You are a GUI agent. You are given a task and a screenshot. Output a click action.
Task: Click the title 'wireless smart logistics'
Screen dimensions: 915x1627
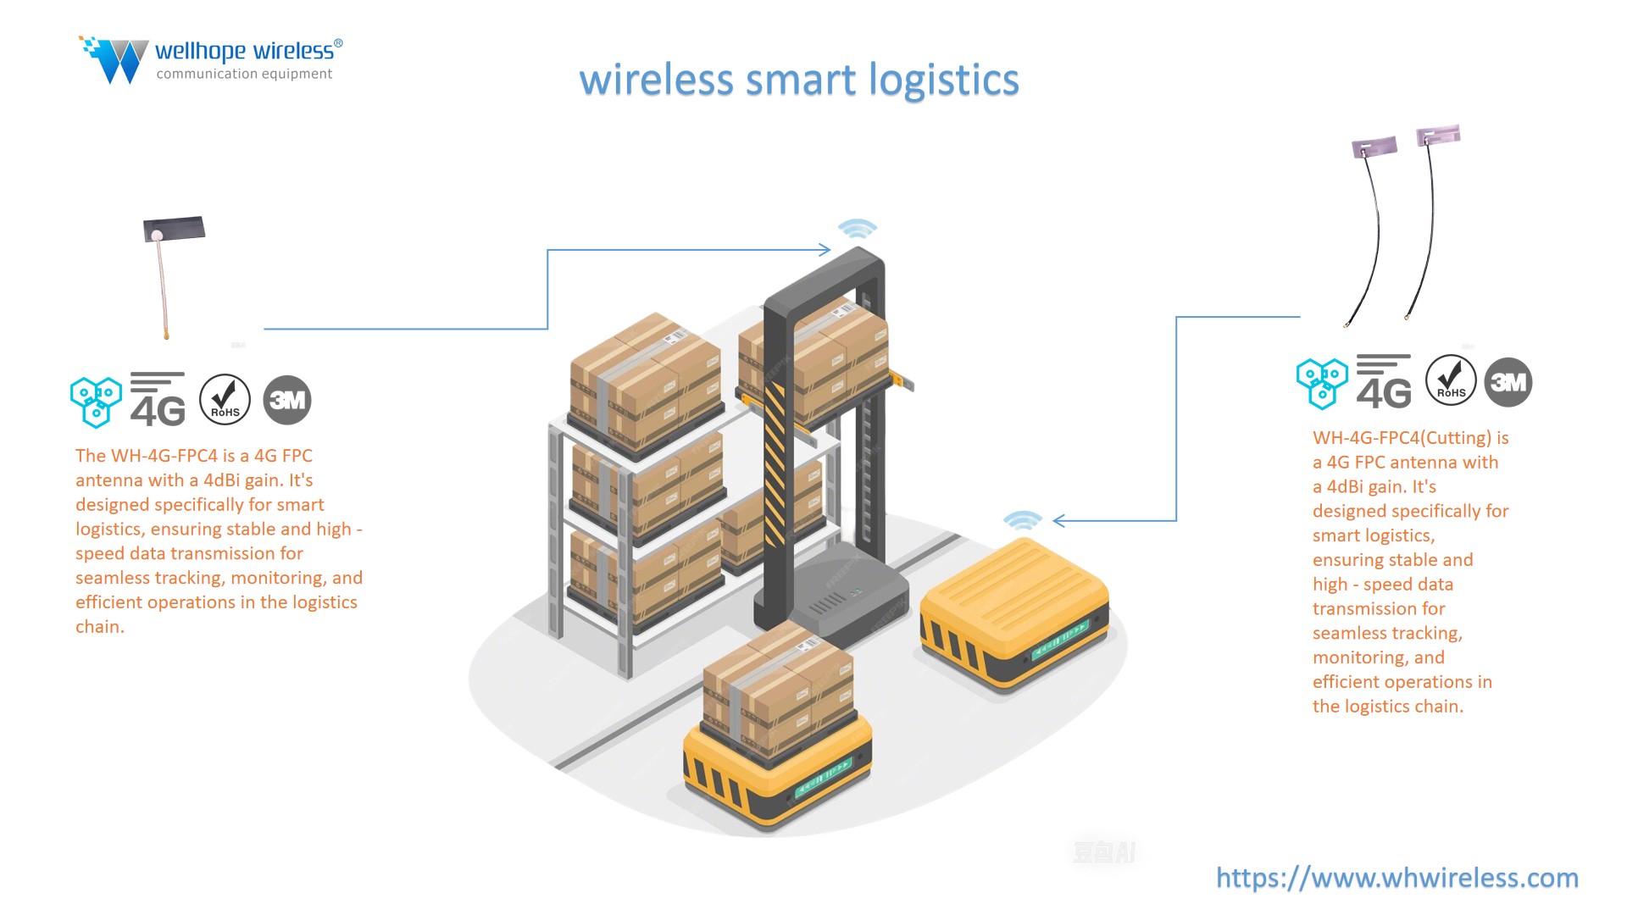(798, 80)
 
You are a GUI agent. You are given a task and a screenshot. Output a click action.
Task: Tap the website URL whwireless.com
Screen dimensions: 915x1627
(1397, 878)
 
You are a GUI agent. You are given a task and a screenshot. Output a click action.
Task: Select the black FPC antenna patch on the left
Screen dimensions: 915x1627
(175, 229)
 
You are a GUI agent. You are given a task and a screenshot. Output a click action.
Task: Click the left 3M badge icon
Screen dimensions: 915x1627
(287, 400)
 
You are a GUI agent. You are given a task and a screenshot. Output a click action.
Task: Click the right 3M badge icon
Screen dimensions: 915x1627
(1508, 382)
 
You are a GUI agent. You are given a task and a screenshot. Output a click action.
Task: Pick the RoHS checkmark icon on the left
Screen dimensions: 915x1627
(225, 400)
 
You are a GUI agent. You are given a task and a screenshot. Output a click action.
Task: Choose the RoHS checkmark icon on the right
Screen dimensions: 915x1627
(1451, 380)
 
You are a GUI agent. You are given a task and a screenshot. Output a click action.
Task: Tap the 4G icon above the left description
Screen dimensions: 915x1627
(158, 400)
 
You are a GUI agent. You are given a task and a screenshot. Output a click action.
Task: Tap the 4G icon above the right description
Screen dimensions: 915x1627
(1384, 382)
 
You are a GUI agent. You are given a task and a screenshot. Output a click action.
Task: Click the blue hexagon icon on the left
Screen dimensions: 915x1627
(95, 401)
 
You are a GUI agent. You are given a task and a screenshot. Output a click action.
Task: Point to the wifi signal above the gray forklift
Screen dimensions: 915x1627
(857, 229)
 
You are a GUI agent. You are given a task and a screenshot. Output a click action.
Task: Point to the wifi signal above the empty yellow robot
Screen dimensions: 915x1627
(1023, 519)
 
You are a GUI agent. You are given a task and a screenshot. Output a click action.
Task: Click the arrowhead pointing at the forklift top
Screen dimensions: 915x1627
(825, 249)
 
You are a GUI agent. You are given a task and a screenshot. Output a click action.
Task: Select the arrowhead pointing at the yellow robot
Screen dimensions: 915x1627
(1059, 520)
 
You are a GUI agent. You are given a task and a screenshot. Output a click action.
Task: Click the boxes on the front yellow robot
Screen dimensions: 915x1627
(777, 686)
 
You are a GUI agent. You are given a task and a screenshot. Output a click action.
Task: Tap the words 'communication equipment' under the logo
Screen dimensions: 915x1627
(244, 75)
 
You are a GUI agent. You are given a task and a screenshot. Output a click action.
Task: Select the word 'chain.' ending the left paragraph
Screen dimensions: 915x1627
(100, 627)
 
